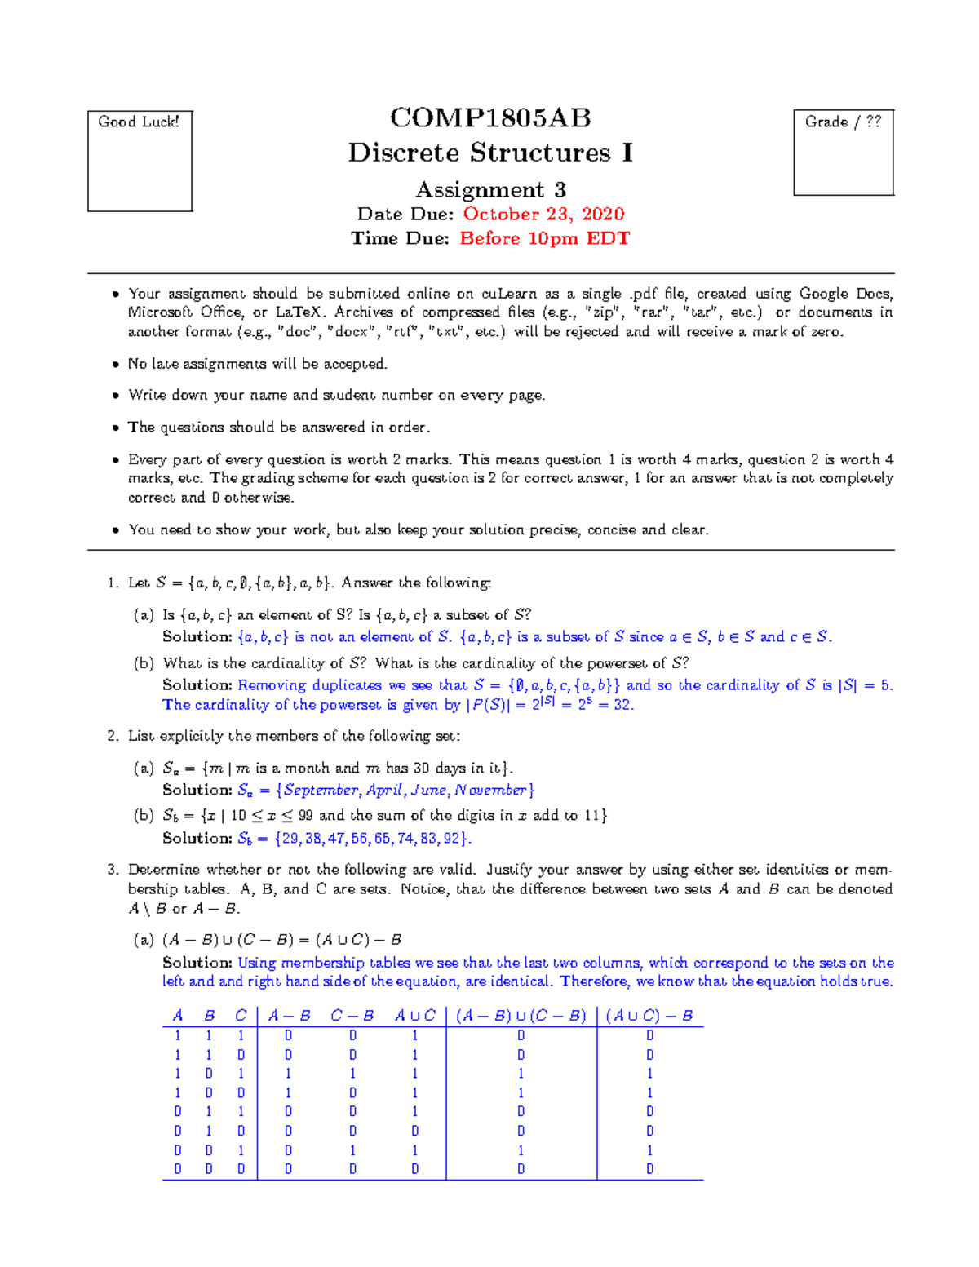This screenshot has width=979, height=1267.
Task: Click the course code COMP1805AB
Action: (x=490, y=118)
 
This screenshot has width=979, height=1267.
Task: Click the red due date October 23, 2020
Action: (x=543, y=214)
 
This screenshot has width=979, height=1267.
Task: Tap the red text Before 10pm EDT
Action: (x=544, y=238)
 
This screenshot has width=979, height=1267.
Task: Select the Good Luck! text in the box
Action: (x=139, y=122)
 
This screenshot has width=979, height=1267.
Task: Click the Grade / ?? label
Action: (x=843, y=122)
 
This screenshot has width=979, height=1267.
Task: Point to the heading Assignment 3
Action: (x=490, y=189)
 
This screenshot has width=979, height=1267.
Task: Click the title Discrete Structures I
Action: (x=490, y=153)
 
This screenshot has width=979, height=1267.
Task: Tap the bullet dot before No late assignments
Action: (x=116, y=364)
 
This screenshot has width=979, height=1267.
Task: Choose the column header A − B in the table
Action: (x=289, y=1016)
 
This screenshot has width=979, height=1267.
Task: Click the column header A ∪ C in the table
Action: (x=414, y=1016)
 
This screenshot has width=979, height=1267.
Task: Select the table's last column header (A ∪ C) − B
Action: (x=649, y=1016)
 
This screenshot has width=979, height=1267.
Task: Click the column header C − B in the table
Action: (x=352, y=1016)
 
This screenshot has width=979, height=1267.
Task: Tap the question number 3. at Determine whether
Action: (x=113, y=870)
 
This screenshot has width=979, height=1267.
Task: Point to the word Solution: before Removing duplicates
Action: (x=197, y=685)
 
